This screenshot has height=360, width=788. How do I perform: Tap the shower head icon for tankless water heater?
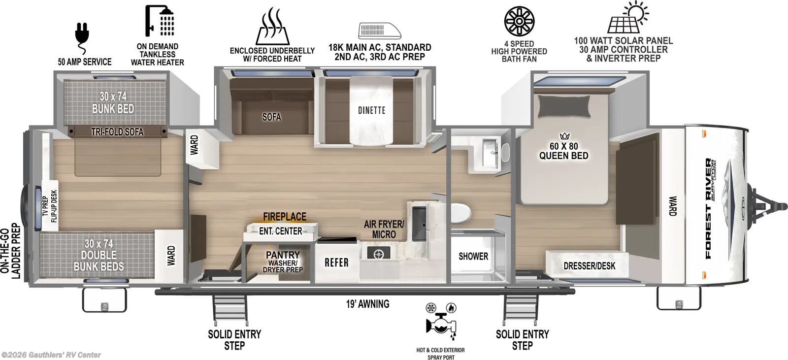(x=160, y=21)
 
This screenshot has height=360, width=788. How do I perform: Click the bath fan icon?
(x=519, y=21)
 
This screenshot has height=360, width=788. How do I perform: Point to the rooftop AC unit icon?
(x=379, y=31)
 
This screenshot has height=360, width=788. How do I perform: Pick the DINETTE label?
(x=371, y=110)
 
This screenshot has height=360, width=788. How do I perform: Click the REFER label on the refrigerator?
(x=336, y=262)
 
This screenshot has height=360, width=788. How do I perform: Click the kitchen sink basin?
(x=419, y=223)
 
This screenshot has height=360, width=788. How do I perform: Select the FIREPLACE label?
(x=284, y=217)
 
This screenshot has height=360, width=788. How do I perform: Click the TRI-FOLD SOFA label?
(x=117, y=131)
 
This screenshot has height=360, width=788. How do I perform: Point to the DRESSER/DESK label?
(x=589, y=266)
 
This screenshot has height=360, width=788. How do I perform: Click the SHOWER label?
(x=473, y=256)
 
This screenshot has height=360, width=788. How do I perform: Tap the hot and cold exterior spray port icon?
(x=441, y=322)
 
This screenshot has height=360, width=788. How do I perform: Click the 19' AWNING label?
(x=367, y=304)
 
